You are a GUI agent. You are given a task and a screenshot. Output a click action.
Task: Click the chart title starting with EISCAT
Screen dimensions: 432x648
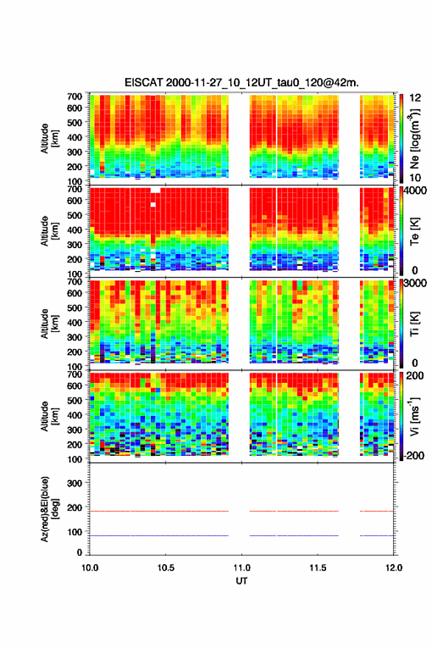[x=241, y=82]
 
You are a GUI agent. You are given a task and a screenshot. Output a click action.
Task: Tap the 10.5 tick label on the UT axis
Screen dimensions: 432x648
[x=166, y=568]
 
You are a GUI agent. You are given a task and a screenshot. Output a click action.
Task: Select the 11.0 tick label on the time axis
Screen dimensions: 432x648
[x=241, y=568]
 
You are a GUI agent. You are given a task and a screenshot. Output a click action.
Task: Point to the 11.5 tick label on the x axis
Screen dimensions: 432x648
[x=318, y=568]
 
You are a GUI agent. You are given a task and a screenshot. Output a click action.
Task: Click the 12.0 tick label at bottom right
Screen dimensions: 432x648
[x=394, y=568]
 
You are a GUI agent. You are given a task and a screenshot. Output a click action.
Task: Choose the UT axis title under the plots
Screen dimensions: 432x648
[x=241, y=581]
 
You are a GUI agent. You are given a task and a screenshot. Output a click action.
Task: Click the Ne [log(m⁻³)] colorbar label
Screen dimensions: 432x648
[x=414, y=139]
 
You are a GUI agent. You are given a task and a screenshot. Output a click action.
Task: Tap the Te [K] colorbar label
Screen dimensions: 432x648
[x=414, y=231]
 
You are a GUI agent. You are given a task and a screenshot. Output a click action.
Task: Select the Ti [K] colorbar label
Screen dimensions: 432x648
[x=414, y=324]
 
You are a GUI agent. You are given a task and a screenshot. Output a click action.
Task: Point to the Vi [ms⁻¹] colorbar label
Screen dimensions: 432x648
[x=414, y=417]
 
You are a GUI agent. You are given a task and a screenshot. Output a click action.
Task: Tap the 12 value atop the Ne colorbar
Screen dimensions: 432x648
[x=415, y=98]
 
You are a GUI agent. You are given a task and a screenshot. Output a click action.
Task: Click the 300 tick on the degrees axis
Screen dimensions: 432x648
[x=74, y=483]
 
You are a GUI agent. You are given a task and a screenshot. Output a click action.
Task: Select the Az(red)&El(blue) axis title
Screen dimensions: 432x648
[x=49, y=509]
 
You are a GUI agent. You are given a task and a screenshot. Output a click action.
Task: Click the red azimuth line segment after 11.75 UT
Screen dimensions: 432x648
[x=377, y=511]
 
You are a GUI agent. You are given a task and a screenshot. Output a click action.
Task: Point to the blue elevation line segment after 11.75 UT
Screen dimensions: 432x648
[x=377, y=535]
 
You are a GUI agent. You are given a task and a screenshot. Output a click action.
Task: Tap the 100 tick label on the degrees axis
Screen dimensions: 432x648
[x=74, y=532]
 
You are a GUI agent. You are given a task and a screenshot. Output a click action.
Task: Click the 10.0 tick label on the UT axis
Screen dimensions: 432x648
[x=90, y=568]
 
